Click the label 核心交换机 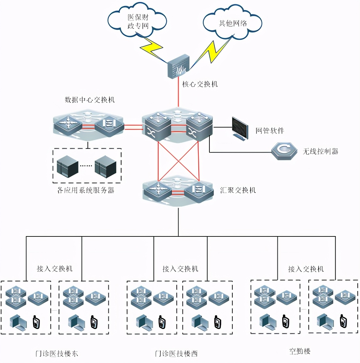pos(200,84)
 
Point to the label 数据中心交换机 pos(90,100)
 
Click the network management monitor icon pos(242,128)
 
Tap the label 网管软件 pos(270,131)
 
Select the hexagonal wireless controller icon pos(285,150)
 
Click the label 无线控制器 pos(320,151)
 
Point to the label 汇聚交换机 pos(238,190)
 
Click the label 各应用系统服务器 pos(86,190)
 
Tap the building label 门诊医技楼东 pos(57,354)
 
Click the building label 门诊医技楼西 pos(176,354)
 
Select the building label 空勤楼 pos(300,352)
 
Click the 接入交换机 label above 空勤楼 pos(306,269)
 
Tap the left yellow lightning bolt pos(152,48)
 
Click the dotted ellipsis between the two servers pos(86,166)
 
